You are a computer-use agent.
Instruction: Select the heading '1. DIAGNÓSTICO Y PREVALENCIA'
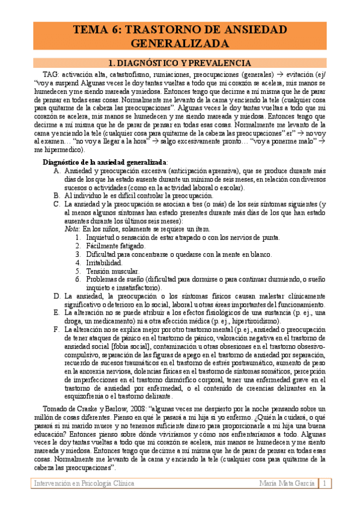click(x=178, y=63)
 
